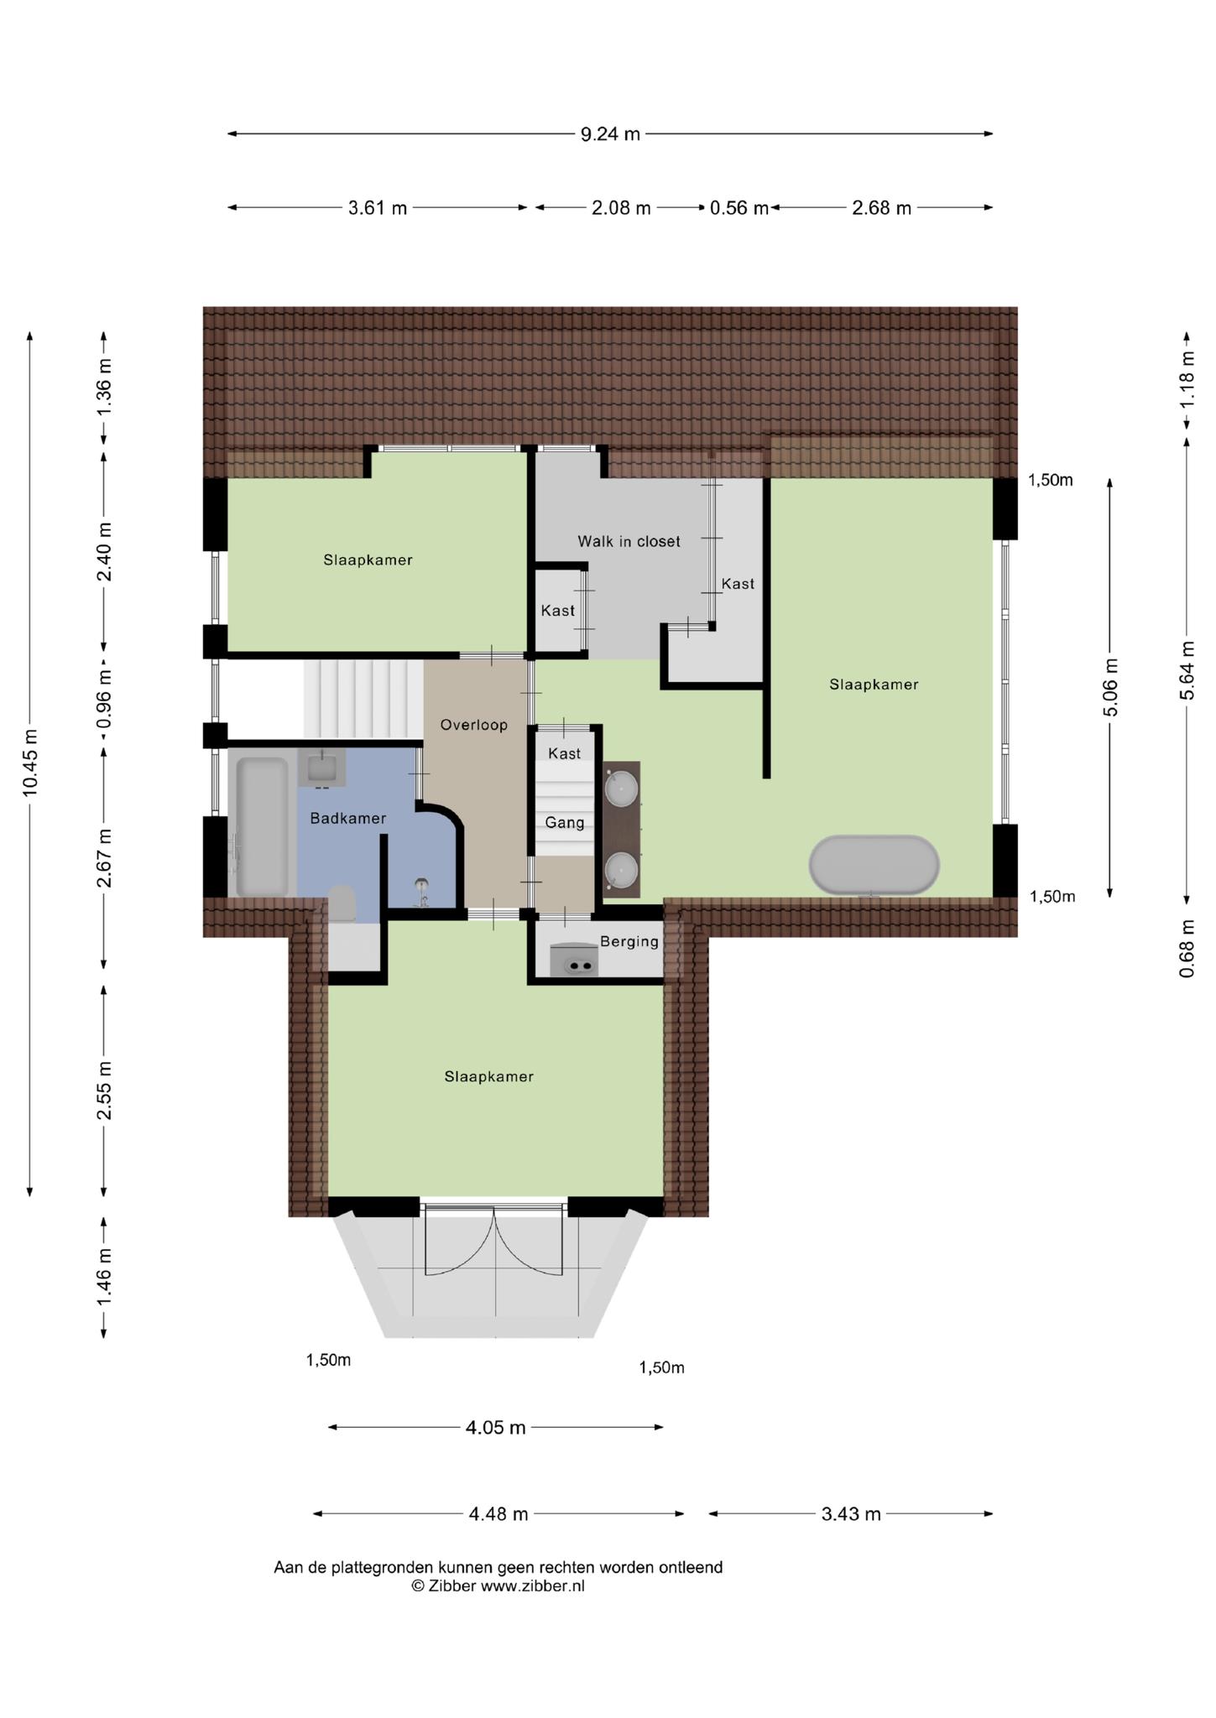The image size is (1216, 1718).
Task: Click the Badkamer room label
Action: coord(347,818)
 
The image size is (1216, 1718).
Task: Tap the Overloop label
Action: coord(474,725)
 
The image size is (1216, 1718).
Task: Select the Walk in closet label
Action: coord(629,541)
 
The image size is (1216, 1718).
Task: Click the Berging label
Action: coord(629,941)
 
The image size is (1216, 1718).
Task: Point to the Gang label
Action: coord(565,822)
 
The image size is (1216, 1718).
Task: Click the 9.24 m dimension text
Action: coord(610,133)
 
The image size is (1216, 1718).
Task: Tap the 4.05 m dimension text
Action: coord(495,1427)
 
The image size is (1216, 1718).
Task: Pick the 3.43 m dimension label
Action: coord(851,1513)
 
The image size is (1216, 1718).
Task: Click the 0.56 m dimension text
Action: coord(738,207)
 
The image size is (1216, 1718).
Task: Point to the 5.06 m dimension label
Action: coord(1110,687)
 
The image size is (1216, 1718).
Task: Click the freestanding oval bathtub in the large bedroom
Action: coord(874,865)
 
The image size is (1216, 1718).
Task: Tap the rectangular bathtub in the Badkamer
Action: coord(262,827)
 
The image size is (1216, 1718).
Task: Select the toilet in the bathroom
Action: coord(342,904)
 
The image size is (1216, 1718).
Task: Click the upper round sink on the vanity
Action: coord(622,788)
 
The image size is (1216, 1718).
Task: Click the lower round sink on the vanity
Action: coord(622,869)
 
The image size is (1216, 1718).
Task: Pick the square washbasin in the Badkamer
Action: coord(321,767)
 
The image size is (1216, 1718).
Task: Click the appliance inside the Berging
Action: coord(574,961)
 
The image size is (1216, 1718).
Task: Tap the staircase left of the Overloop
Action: coord(363,699)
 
